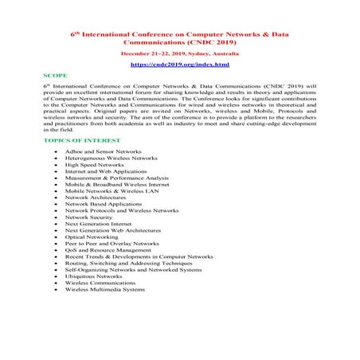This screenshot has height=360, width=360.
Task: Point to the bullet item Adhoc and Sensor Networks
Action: click(100, 151)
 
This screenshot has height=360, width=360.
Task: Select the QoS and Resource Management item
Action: click(108, 250)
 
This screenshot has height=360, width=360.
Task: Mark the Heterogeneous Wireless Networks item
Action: click(112, 158)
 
